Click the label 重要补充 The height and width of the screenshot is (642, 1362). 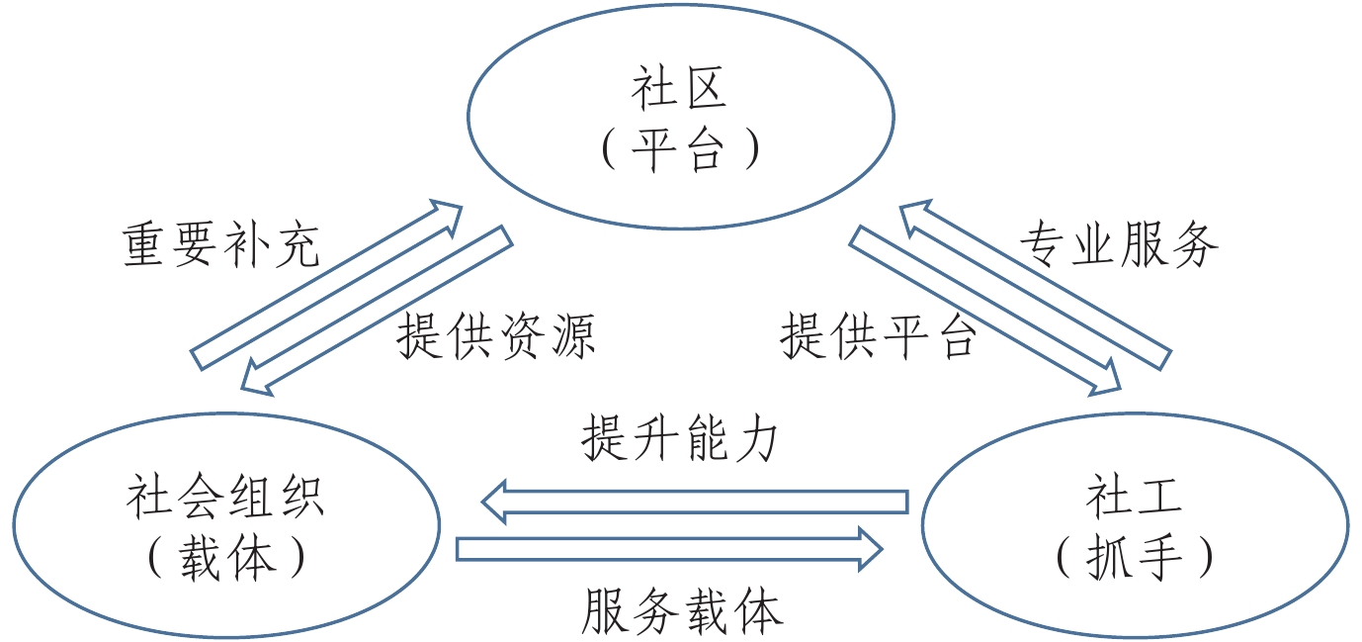pyautogui.click(x=221, y=244)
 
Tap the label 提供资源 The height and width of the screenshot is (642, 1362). pyautogui.click(x=496, y=337)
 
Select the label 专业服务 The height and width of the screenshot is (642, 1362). pyautogui.click(x=1119, y=244)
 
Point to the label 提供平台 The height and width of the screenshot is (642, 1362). pyautogui.click(x=879, y=337)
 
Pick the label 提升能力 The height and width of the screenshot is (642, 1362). pyautogui.click(x=680, y=438)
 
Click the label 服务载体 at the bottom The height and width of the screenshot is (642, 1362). pyautogui.click(x=682, y=610)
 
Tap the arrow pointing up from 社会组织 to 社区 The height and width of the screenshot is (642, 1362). pyautogui.click(x=326, y=284)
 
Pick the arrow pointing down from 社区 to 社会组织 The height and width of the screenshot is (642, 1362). pyautogui.click(x=378, y=309)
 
